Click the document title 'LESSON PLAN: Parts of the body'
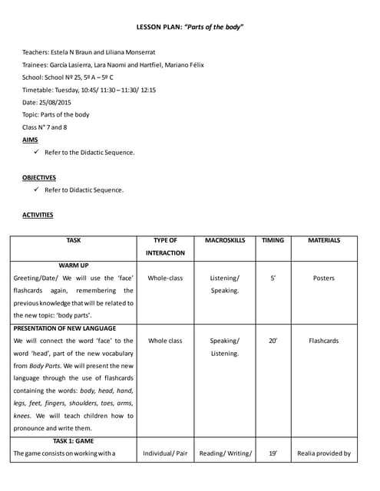click(190, 27)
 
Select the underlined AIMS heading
click(30, 140)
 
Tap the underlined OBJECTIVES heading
click(38, 177)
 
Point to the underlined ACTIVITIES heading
click(38, 215)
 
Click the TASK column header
click(74, 240)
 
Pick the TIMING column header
click(273, 240)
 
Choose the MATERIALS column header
click(324, 240)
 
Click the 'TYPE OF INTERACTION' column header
click(165, 246)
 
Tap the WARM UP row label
click(74, 265)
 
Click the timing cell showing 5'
click(273, 278)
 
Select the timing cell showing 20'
click(273, 341)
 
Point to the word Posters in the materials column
click(324, 278)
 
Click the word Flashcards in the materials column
click(324, 341)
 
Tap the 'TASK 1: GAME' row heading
click(74, 441)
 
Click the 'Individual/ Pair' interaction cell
click(165, 453)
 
